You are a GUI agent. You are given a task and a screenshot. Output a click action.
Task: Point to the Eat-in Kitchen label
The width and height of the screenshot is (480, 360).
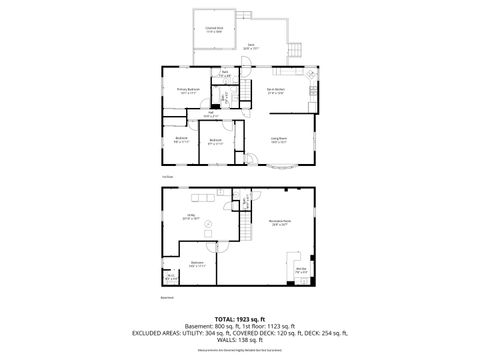coord(277,91)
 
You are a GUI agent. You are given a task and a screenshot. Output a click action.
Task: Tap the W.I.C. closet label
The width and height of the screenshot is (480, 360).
coord(168,277)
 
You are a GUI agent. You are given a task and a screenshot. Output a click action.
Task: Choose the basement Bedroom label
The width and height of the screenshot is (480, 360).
coord(197,264)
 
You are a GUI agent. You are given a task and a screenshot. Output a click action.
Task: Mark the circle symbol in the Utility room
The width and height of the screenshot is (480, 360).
coord(207,225)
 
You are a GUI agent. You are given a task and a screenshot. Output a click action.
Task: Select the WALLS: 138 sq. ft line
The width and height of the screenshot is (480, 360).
coord(240,342)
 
